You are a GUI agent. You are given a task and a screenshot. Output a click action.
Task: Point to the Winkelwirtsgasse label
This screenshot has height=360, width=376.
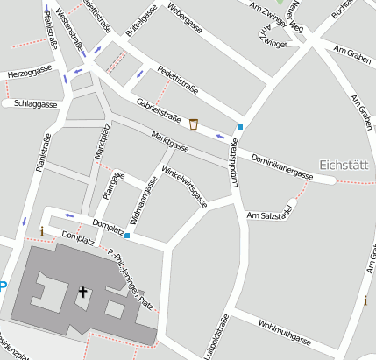click(x=185, y=187)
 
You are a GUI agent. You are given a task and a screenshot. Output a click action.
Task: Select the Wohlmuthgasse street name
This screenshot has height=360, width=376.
click(x=285, y=335)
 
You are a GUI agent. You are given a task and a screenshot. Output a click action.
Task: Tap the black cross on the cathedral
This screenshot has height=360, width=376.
click(x=83, y=292)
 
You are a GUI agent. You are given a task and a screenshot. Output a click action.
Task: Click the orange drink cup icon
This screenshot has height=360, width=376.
click(x=194, y=124)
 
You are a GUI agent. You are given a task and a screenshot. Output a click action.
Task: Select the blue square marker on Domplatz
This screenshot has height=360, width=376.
click(x=127, y=235)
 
